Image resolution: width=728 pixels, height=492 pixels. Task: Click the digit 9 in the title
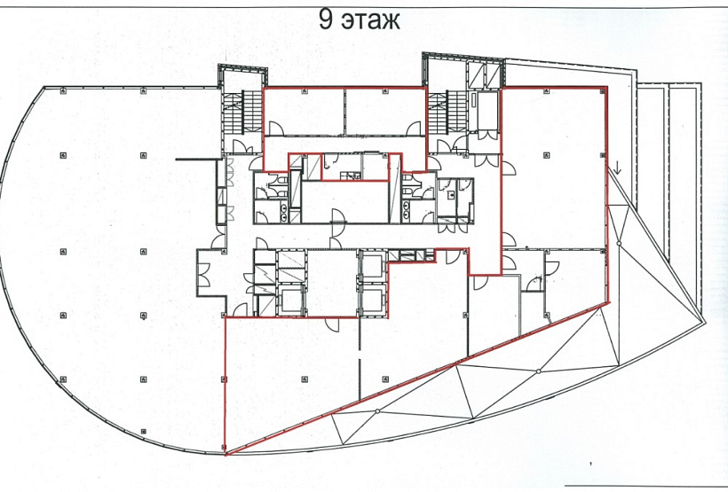point(326,20)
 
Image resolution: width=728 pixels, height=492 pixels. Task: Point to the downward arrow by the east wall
point(617,168)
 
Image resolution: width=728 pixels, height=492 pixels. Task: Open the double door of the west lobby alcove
point(203,275)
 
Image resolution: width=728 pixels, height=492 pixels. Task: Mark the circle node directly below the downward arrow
point(619,244)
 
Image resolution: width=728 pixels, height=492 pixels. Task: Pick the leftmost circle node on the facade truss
point(377,410)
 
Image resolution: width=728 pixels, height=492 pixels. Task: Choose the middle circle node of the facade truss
point(538,371)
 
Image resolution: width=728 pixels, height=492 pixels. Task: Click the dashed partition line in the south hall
point(360,358)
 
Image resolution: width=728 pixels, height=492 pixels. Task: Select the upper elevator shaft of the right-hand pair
point(372,266)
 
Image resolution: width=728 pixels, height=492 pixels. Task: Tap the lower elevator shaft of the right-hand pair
point(372,300)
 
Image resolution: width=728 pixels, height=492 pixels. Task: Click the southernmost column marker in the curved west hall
point(144,431)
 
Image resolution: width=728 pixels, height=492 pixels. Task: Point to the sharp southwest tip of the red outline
point(226,454)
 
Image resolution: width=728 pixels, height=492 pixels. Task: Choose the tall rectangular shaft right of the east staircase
point(486,111)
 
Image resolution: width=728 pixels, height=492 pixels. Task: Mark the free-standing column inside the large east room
point(547,155)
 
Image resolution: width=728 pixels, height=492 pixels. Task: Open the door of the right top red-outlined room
point(414,129)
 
